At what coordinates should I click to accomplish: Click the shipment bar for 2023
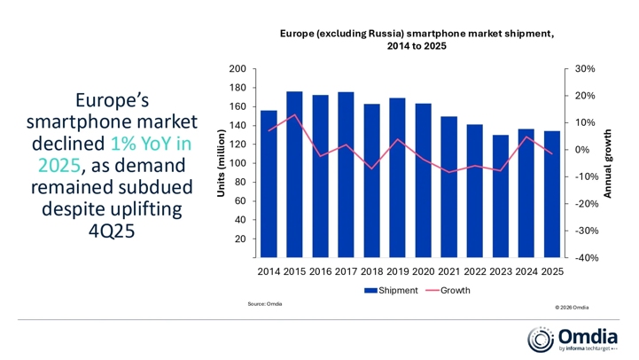501,195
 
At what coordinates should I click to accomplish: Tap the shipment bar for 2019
398,177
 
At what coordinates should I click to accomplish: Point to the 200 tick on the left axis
238,69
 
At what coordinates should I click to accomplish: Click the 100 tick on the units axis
238,163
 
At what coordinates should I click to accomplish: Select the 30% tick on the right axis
584,69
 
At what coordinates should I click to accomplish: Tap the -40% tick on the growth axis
584,258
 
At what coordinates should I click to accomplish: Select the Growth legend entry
448,290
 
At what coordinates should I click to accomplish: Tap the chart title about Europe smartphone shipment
417,40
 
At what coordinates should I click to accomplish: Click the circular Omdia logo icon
541,339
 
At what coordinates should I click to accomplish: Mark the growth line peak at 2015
295,115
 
